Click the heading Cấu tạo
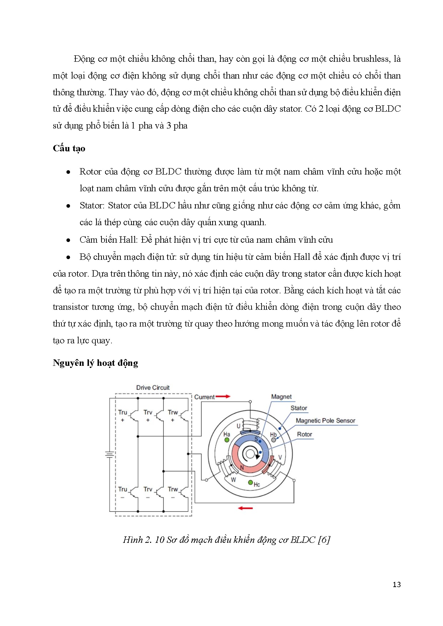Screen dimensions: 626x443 [x=69, y=148]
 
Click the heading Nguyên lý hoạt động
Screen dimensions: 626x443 [x=95, y=363]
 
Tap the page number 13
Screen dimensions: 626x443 [x=397, y=585]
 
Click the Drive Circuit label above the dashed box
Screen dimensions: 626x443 [x=153, y=388]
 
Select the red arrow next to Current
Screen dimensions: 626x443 [x=223, y=397]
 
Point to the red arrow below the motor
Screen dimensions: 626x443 [x=245, y=508]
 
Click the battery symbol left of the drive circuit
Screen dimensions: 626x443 [x=109, y=455]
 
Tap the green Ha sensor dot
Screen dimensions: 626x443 [x=227, y=440]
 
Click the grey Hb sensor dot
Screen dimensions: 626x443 [x=274, y=440]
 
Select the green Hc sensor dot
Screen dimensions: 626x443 [x=250, y=483]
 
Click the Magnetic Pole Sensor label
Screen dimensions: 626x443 [x=325, y=421]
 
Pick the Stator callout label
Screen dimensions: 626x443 [x=299, y=408]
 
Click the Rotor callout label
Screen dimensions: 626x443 [x=304, y=434]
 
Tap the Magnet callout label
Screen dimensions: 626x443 [x=281, y=397]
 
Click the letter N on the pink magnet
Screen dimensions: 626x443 [x=242, y=468]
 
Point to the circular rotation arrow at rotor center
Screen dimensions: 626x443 [x=251, y=454]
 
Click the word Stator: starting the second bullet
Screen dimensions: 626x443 [x=92, y=206]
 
